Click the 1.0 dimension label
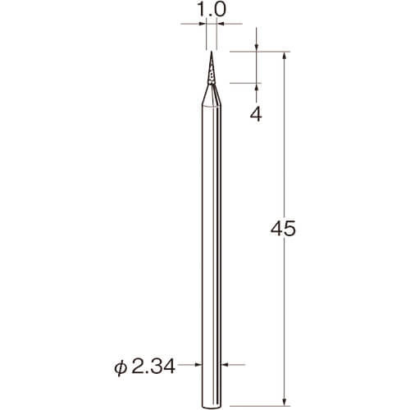pos(212,10)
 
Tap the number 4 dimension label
pos(256,114)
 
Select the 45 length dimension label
pos(283,228)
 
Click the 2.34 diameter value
pos(153,367)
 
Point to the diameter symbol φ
pos(121,367)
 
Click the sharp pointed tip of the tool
pos(211,52)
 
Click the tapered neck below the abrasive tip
pos(212,94)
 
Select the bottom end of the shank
pos(211,408)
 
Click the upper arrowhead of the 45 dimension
pos(285,56)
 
